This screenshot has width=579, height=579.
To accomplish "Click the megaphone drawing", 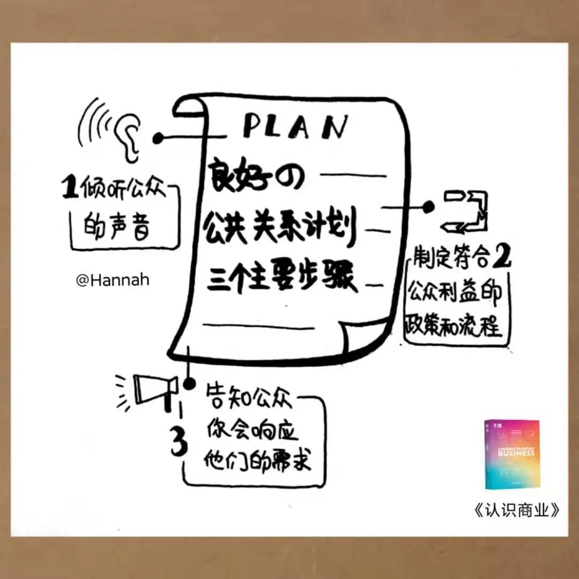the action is (155, 388).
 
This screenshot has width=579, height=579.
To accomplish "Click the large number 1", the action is (69, 189).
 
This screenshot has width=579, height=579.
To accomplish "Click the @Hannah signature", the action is (113, 280).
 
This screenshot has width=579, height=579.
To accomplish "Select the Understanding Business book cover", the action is (512, 454).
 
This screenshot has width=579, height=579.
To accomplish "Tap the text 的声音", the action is (116, 228).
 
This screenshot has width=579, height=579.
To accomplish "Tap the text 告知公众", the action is (249, 400).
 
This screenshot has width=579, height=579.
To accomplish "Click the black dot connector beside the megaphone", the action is (189, 384).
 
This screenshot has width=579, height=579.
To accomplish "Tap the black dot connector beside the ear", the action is (158, 138).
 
